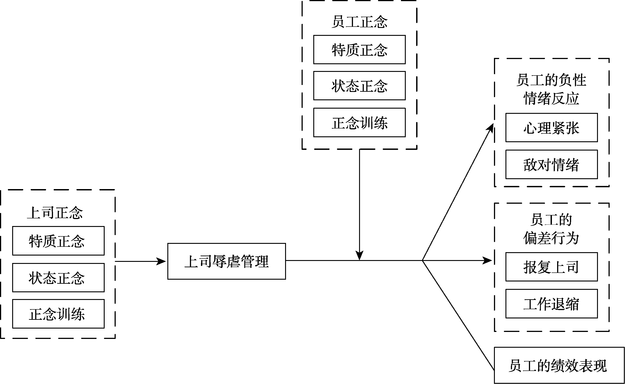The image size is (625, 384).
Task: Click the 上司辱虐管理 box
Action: click(x=226, y=261)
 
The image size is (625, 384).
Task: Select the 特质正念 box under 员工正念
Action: click(x=359, y=50)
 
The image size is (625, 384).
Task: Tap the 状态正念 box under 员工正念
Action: click(x=359, y=86)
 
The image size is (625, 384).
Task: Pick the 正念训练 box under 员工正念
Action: click(x=359, y=123)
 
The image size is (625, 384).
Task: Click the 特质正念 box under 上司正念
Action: click(x=58, y=241)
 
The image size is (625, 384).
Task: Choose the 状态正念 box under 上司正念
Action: click(x=58, y=278)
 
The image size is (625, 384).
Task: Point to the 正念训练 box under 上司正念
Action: click(x=58, y=314)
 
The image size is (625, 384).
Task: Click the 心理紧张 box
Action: click(x=551, y=128)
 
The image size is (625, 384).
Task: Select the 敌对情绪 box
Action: click(x=551, y=165)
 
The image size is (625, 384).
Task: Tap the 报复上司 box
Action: click(x=551, y=267)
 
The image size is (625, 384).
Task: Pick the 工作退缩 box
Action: click(x=551, y=304)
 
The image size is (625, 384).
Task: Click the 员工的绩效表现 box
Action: click(x=559, y=366)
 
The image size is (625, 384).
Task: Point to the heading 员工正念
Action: click(x=359, y=22)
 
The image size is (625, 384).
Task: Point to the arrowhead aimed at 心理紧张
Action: click(x=490, y=128)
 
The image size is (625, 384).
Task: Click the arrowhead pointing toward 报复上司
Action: click(x=487, y=260)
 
